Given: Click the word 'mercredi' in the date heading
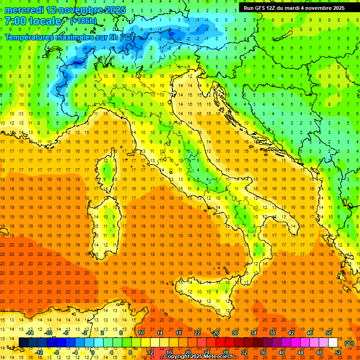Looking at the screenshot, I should [23, 10].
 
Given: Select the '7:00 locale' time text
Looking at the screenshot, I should [33, 22].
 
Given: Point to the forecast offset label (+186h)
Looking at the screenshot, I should [84, 21].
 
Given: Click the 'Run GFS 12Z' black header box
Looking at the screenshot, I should [294, 8].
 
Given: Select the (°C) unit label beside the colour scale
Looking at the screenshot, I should [349, 343].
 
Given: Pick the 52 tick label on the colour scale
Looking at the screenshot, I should [337, 352].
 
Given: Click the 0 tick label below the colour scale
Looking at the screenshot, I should [93, 352].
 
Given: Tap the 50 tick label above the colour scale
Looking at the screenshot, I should [328, 333].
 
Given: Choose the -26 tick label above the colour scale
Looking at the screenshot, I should [215, 333].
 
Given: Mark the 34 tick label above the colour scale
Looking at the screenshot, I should [253, 333].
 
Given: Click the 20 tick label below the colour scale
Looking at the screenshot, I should [187, 352].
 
